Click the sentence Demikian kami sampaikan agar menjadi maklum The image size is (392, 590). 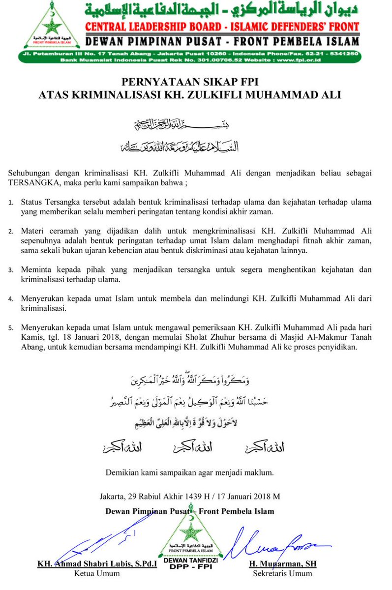pos(189,473)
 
